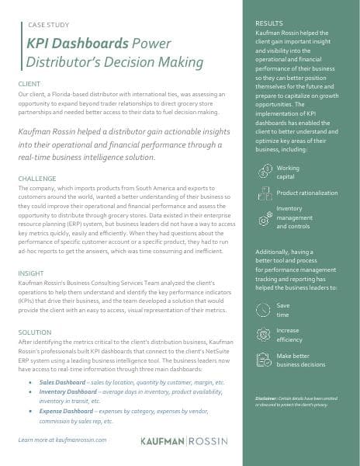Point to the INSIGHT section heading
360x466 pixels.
31,273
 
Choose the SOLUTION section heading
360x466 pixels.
34,332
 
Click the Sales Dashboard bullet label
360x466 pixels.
64,383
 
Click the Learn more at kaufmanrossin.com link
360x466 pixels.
61,440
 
